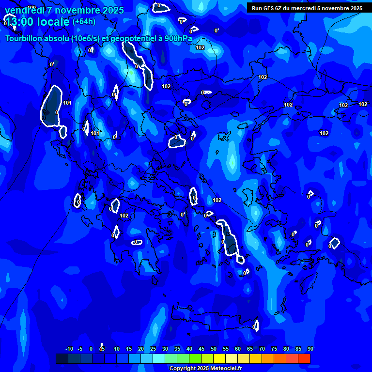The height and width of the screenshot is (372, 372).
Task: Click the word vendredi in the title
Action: pyautogui.click(x=24, y=10)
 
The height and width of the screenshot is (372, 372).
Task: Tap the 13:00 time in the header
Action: pyautogui.click(x=19, y=22)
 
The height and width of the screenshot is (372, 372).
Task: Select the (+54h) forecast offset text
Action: pyautogui.click(x=84, y=22)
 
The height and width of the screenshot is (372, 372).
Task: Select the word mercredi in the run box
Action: pyautogui.click(x=302, y=8)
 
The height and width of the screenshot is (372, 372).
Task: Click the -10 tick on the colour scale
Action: pyautogui.click(x=69, y=349)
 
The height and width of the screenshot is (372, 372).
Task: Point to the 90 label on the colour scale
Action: pyautogui.click(x=310, y=349)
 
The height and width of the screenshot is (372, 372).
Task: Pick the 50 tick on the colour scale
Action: pyautogui.click(x=214, y=349)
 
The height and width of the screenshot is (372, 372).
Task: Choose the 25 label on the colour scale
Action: pyautogui.click(x=153, y=349)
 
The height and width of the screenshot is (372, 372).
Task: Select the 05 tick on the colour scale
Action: pyautogui.click(x=102, y=349)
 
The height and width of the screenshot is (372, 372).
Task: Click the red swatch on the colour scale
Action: pyautogui.click(x=304, y=358)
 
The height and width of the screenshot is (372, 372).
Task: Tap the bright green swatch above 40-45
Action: pyautogui.click(x=195, y=358)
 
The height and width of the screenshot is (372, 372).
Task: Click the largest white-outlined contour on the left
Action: pyautogui.click(x=51, y=106)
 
